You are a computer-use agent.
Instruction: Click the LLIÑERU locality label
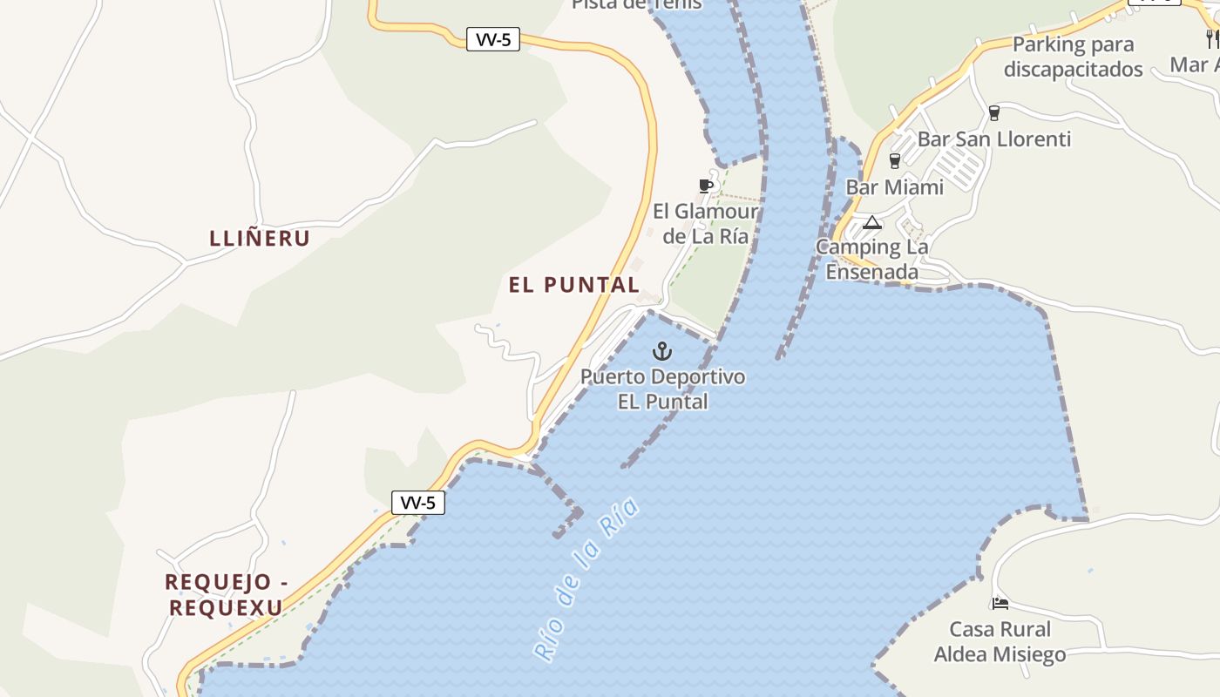[x=260, y=238]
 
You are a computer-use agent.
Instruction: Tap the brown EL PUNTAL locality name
[x=574, y=285]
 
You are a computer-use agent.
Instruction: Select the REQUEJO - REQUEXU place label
[x=226, y=594]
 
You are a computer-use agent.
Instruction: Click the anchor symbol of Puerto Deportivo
[x=663, y=352]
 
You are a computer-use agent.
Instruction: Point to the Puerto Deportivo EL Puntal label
[x=663, y=389]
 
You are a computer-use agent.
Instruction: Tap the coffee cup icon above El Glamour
[x=706, y=186]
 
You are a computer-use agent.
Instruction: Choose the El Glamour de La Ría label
[x=705, y=224]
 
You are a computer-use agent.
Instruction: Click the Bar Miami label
[x=894, y=187]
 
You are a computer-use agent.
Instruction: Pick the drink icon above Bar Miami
[x=893, y=160]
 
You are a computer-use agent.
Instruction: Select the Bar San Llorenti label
[x=993, y=139]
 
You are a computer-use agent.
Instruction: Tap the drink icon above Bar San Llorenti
[x=993, y=112]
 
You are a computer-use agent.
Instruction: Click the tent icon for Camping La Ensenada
[x=872, y=222]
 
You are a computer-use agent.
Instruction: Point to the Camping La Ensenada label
[x=872, y=260]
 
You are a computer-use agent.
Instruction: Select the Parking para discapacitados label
[x=1073, y=57]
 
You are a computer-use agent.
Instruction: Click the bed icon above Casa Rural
[x=1000, y=603]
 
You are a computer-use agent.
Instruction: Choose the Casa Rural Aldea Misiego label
[x=1000, y=641]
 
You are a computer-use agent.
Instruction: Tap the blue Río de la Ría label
[x=586, y=580]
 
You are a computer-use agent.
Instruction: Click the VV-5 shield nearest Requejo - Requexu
[x=418, y=503]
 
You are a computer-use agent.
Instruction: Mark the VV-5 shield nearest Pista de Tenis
[x=493, y=40]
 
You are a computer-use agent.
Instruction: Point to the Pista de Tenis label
[x=636, y=4]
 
